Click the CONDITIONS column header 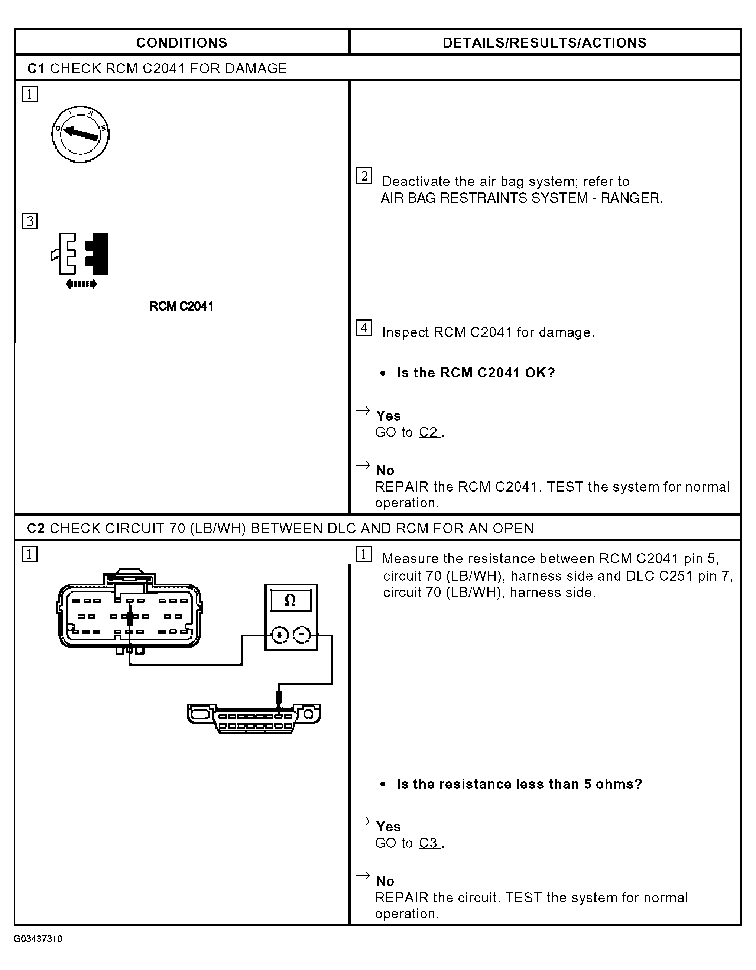point(181,43)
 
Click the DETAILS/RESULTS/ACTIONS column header point(545,43)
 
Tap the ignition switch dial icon point(80,134)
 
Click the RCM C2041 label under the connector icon point(181,306)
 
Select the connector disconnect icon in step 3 point(80,260)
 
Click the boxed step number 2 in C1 point(364,176)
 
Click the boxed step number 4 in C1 point(364,328)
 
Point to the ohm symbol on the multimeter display point(290,600)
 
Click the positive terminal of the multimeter point(279,635)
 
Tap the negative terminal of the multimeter point(302,635)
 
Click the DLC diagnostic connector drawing point(254,718)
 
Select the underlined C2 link point(429,432)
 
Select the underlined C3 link point(429,843)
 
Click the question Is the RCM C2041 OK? point(476,373)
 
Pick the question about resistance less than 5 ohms point(519,784)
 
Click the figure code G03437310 point(38,939)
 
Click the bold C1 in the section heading point(36,68)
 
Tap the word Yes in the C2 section point(388,827)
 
